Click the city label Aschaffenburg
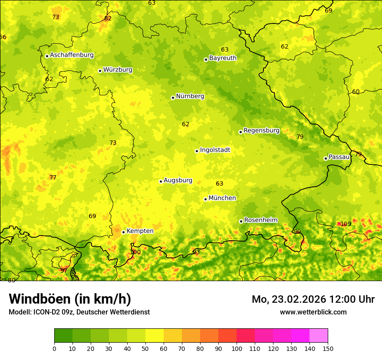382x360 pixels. pyautogui.click(x=72, y=55)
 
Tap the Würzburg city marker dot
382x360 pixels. pyautogui.click(x=100, y=71)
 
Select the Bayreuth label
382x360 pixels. pyautogui.click(x=223, y=58)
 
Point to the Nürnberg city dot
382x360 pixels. pyautogui.click(x=173, y=98)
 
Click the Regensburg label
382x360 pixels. pyautogui.click(x=261, y=131)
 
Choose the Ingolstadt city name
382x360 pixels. pyautogui.click(x=215, y=150)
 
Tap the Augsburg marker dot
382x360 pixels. pyautogui.click(x=161, y=181)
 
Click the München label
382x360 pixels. pyautogui.click(x=222, y=198)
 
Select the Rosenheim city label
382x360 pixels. pyautogui.click(x=260, y=220)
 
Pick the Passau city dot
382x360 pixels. pyautogui.click(x=326, y=158)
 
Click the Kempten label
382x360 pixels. pyautogui.click(x=140, y=231)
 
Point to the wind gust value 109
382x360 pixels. pyautogui.click(x=346, y=224)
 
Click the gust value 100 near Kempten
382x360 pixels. pyautogui.click(x=135, y=252)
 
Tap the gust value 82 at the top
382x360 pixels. pyautogui.click(x=108, y=18)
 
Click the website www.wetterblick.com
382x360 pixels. pyautogui.click(x=313, y=312)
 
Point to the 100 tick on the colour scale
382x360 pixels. pyautogui.click(x=237, y=348)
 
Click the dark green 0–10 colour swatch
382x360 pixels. pyautogui.click(x=63, y=335)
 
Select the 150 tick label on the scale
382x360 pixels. pyautogui.click(x=328, y=348)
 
